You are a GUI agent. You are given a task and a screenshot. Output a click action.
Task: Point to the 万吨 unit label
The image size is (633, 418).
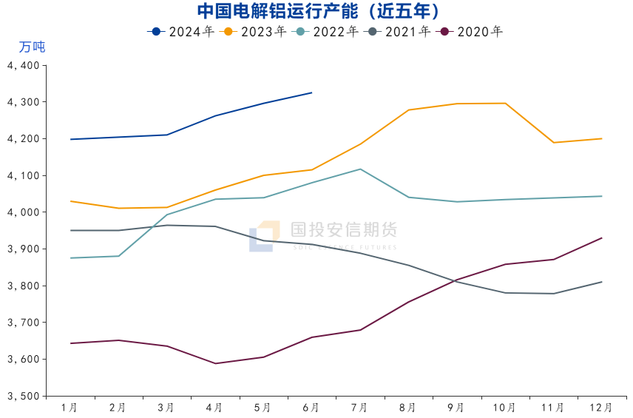click(32, 47)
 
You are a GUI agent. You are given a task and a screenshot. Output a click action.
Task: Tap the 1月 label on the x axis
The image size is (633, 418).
click(70, 408)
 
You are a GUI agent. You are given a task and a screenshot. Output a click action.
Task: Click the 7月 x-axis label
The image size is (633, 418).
click(359, 408)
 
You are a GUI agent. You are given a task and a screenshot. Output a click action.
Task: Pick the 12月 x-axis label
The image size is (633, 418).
click(601, 408)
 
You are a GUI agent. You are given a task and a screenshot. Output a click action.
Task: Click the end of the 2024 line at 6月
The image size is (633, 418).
click(311, 92)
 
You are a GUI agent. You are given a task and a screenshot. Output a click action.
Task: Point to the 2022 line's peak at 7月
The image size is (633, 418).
click(360, 169)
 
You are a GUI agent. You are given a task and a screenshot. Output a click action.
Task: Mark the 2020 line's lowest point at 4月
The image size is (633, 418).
click(215, 363)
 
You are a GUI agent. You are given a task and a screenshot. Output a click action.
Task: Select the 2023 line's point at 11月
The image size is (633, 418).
click(553, 142)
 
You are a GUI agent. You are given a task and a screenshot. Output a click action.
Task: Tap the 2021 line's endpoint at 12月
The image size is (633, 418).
click(601, 282)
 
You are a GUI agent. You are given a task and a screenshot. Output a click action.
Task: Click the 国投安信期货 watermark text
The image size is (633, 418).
click(343, 230)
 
